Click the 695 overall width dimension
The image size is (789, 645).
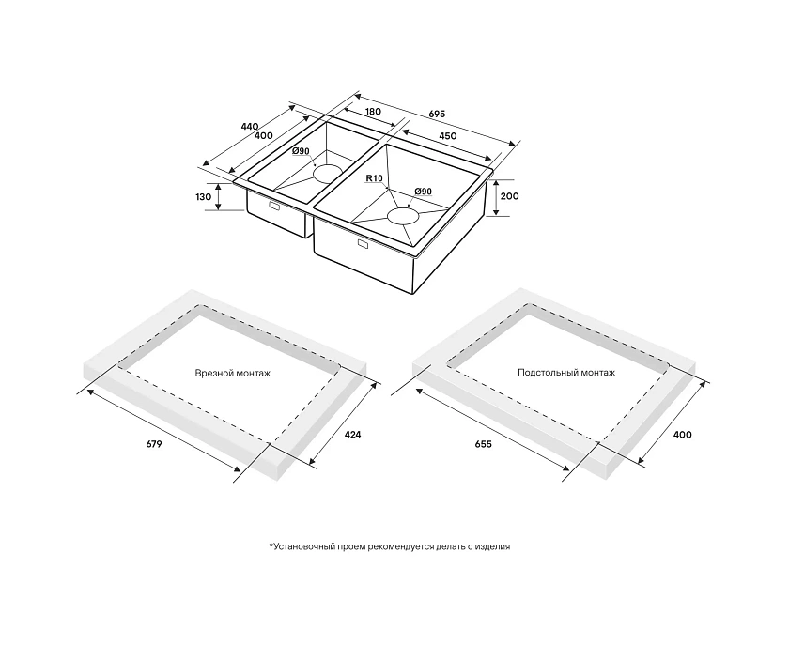point(437,115)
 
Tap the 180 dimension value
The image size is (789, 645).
point(373,111)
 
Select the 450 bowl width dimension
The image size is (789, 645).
point(448,136)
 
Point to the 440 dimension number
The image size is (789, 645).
point(250,127)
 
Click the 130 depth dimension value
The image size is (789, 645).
point(203,197)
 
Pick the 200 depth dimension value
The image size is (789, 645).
point(510,195)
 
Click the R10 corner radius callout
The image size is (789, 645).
point(375,178)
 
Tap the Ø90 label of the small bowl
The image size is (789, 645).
point(301,151)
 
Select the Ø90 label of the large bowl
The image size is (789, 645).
point(424,192)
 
